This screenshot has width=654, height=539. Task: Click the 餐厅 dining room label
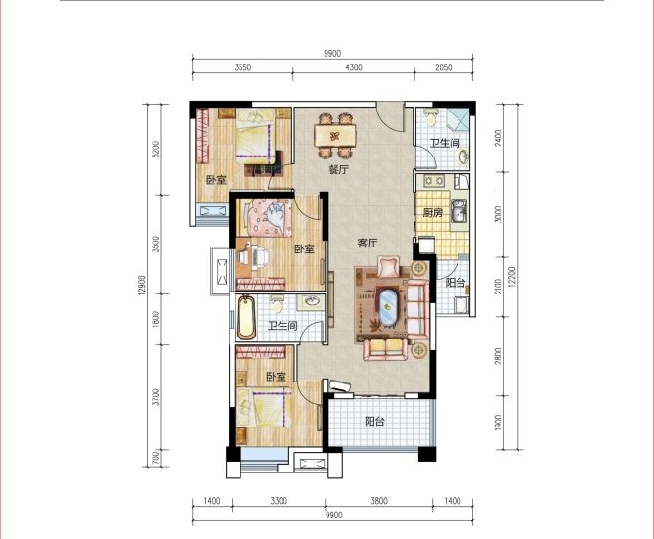[338, 170]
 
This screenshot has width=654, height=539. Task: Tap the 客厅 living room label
[367, 243]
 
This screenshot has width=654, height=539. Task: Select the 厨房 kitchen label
[432, 213]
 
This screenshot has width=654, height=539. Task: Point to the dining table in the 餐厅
[335, 136]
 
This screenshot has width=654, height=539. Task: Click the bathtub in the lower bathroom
[245, 318]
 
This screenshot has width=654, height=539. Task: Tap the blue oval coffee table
[388, 307]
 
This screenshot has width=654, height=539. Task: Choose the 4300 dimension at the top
[354, 67]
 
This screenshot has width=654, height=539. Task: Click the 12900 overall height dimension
[142, 286]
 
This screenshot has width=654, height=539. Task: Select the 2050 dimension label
[444, 67]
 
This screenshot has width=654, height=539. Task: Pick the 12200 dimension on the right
[512, 277]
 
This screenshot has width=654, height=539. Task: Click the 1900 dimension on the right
[498, 423]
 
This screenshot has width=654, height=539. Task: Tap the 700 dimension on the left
[155, 458]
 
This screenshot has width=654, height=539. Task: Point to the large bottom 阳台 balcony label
[374, 422]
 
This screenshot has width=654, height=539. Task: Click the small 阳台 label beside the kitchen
[456, 283]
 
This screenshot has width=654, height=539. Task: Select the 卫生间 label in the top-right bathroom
[445, 143]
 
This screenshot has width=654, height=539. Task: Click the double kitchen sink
[458, 211]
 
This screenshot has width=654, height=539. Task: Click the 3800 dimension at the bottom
[378, 501]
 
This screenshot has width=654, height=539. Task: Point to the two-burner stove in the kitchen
[435, 181]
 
